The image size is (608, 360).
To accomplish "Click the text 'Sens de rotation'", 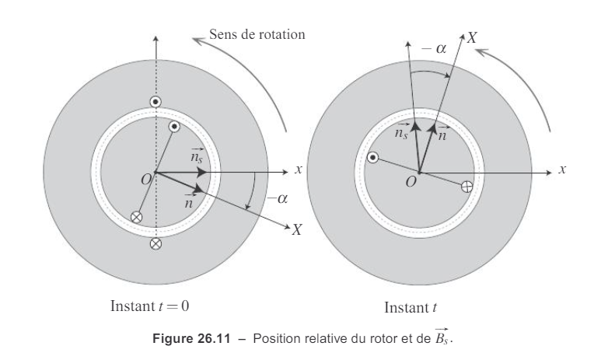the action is pos(257,34).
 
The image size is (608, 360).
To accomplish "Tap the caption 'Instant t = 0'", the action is pos(150,306).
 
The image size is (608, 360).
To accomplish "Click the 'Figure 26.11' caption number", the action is pos(191,338).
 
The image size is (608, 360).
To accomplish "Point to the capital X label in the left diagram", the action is pos(297,229).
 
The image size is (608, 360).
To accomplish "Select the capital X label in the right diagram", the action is pos(472,37).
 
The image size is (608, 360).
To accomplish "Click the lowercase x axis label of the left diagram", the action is pos(298,170).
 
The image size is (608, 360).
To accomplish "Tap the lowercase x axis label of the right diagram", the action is pos(562,170).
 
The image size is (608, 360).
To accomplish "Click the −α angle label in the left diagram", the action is pos(278,198).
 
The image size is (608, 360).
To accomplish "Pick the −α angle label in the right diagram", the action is pos(434,48).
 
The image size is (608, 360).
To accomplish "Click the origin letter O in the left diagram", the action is pos(146,180).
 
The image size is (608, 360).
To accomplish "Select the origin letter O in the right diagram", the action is pos(411,181).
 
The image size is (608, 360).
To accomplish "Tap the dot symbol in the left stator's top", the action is pos(155,102).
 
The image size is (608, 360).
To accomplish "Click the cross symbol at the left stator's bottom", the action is pos(155,243).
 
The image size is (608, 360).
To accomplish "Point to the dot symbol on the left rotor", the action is pos(174,127).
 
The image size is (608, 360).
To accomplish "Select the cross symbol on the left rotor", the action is pos(137,217).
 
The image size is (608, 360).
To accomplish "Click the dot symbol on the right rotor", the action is pos(372,158).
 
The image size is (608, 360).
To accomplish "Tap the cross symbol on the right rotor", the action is pos(467,187).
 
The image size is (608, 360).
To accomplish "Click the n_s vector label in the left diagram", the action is pos(197,156).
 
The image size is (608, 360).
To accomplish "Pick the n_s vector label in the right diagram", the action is pos(402,131).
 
